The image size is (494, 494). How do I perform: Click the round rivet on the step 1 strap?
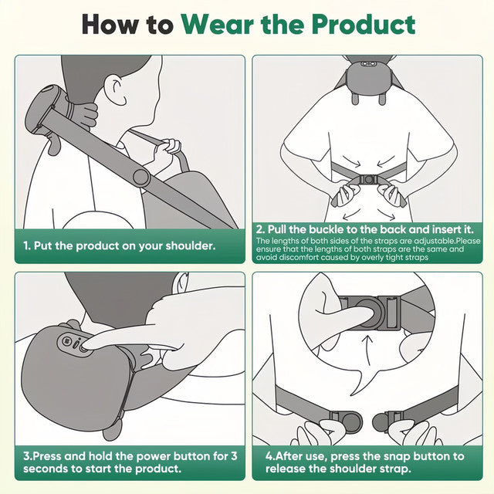tap(140, 177)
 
